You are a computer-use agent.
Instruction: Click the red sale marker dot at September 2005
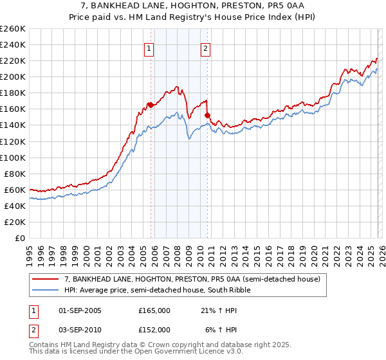pyautogui.click(x=150, y=104)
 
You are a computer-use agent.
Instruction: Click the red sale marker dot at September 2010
pyautogui.click(x=207, y=115)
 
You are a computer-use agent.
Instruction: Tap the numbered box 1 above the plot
pyautogui.click(x=149, y=48)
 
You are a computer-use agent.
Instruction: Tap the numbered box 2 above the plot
pyautogui.click(x=205, y=48)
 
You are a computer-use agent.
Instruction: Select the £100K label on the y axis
pyautogui.click(x=12, y=157)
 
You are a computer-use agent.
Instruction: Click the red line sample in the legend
pyautogui.click(x=46, y=278)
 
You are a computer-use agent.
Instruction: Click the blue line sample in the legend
pyautogui.click(x=46, y=289)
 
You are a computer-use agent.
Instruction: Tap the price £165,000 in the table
pyautogui.click(x=154, y=310)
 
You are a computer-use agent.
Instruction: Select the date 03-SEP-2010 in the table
pyautogui.click(x=80, y=329)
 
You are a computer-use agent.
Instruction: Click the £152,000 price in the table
pyautogui.click(x=154, y=329)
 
